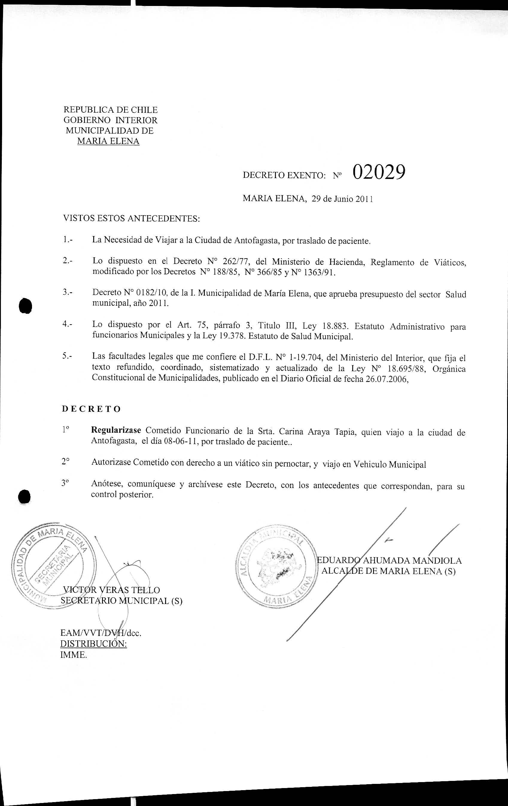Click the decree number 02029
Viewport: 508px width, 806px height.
pos(379,172)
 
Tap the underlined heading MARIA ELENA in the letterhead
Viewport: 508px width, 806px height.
pos(108,141)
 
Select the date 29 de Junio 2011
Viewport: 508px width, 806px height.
pos(342,199)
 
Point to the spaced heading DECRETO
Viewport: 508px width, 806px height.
pos(91,409)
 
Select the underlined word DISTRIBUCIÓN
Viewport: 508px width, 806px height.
pos(93,644)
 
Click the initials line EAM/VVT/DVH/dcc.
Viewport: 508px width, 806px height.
pos(101,633)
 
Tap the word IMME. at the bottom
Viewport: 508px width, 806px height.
pos(73,655)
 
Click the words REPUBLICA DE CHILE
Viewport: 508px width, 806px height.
pos(111,110)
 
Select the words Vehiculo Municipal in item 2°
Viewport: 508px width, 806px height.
pos(390,465)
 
